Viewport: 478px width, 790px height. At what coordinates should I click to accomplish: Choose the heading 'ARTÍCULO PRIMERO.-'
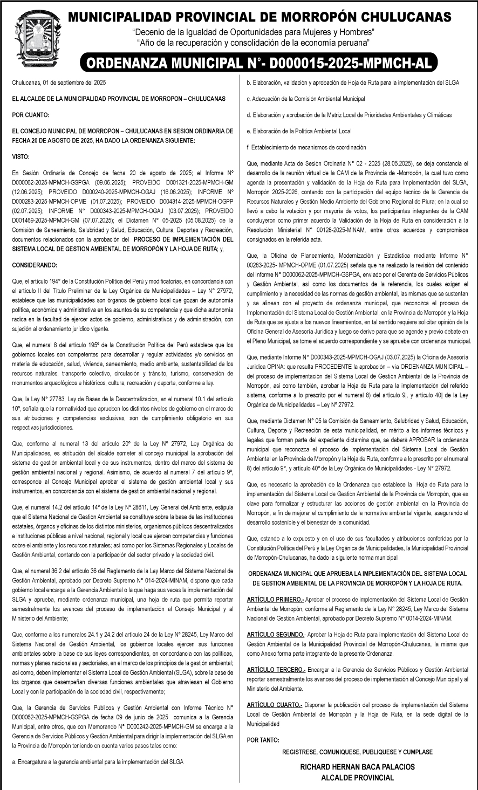tap(275, 599)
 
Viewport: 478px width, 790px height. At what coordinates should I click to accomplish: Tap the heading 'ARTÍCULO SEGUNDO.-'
tap(276, 634)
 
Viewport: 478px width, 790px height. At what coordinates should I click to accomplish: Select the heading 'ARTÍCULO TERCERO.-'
tap(276, 669)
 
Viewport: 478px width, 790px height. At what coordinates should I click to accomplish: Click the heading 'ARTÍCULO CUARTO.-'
tap(274, 704)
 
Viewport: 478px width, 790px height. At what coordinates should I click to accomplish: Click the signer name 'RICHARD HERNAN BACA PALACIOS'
tap(357, 766)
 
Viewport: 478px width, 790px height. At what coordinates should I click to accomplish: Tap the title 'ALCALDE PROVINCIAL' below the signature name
tap(357, 778)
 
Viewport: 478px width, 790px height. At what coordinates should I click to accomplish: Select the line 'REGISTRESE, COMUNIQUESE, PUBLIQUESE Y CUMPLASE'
tap(357, 752)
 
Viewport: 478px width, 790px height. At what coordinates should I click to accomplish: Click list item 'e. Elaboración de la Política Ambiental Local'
tap(299, 131)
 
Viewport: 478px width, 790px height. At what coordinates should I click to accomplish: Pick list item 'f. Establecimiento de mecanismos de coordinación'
tap(306, 147)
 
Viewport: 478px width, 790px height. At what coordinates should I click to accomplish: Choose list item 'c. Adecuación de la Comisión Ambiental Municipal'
tap(305, 99)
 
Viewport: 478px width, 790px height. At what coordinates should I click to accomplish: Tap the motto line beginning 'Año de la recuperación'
tap(254, 42)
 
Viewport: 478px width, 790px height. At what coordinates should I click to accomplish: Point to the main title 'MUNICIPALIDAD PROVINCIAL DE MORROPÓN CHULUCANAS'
tap(260, 16)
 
